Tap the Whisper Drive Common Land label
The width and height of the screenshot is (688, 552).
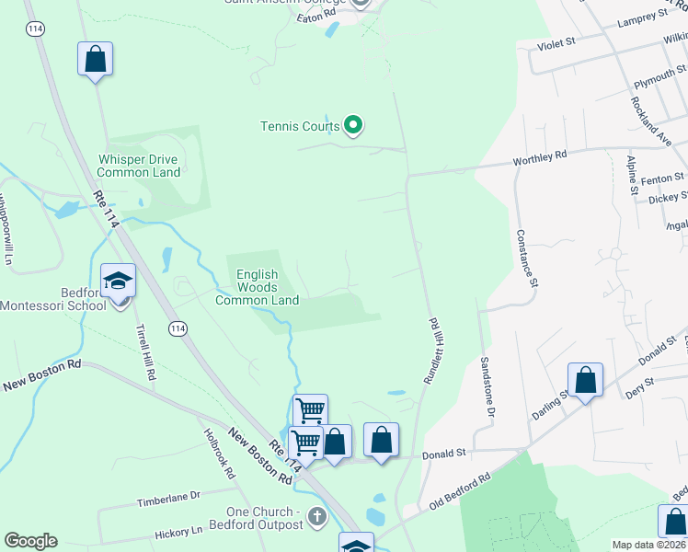pyautogui.click(x=138, y=166)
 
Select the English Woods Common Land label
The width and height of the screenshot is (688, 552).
pyautogui.click(x=257, y=287)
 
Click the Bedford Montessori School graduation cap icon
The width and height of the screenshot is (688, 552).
pyautogui.click(x=119, y=281)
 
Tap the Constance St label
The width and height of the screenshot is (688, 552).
pyautogui.click(x=525, y=258)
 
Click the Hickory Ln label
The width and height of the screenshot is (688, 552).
pyautogui.click(x=178, y=532)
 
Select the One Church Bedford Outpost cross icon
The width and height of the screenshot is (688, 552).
pyautogui.click(x=317, y=516)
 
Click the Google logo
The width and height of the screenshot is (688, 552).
pyautogui.click(x=30, y=541)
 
